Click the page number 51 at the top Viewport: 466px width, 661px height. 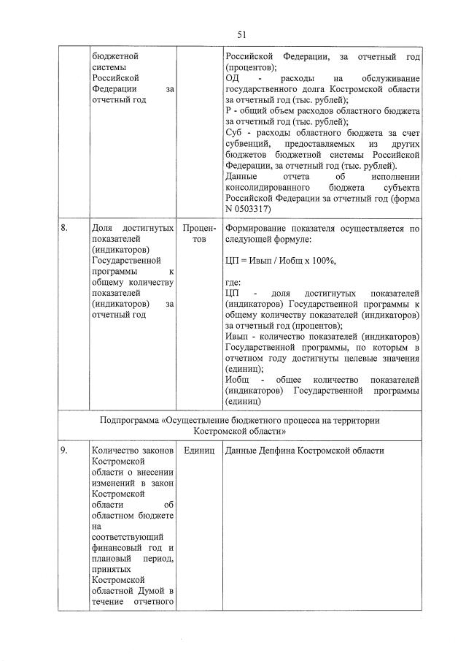coord(241,34)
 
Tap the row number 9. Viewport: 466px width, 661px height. coord(65,451)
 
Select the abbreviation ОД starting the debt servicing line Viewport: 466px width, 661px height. coord(232,77)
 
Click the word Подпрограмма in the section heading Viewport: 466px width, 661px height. coord(131,420)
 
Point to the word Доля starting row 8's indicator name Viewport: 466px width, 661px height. coord(102,228)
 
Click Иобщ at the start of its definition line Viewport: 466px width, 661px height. coord(236,380)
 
